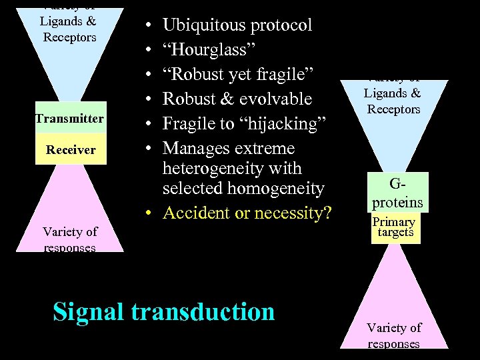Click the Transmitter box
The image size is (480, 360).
70,119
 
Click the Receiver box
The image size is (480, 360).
70,149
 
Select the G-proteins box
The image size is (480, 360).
397,192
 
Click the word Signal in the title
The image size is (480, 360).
89,311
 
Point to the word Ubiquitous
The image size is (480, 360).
204,25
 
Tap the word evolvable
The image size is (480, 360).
273,99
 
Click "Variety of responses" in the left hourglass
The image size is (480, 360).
70,239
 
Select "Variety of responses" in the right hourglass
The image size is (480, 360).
393,335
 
